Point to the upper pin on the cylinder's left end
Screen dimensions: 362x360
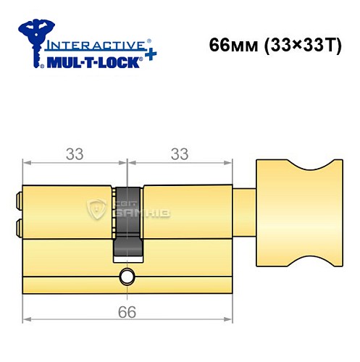[18, 198]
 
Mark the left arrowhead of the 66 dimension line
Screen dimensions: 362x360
[27, 319]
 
